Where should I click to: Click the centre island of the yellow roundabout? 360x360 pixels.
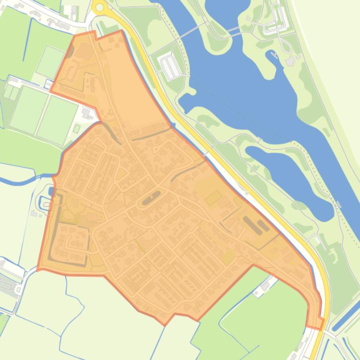[x=99, y=7]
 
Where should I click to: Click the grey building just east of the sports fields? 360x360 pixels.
[x=86, y=113]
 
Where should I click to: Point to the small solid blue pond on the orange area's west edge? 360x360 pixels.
[x=51, y=191]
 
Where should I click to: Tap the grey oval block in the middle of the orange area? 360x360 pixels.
[x=151, y=198]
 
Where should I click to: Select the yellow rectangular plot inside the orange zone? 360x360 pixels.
[x=213, y=198]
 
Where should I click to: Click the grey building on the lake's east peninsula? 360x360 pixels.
[x=290, y=61]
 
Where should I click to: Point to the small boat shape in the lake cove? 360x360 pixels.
[x=273, y=56]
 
